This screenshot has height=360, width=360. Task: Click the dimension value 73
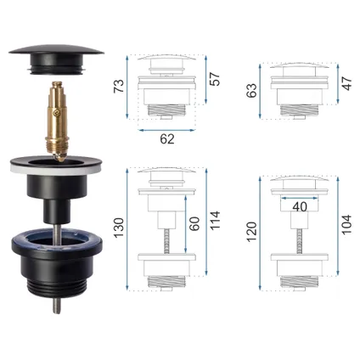119,86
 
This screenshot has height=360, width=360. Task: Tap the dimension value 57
215,79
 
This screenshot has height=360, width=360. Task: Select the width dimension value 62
167,139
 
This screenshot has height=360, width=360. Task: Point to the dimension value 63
251,90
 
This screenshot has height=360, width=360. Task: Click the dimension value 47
346,83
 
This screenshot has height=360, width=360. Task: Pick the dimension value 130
119,228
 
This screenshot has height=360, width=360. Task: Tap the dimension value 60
194,223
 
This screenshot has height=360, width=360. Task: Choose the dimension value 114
215,221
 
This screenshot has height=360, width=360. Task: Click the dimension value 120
251,232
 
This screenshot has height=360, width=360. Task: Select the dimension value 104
346,225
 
